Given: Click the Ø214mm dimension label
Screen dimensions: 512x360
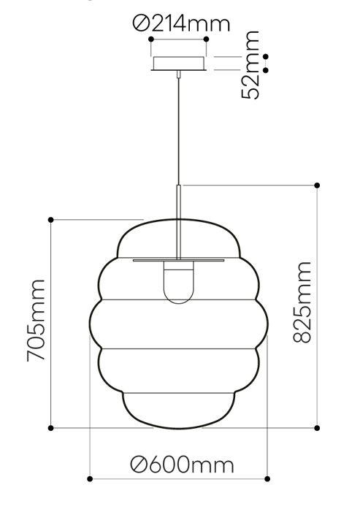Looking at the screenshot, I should (181, 23).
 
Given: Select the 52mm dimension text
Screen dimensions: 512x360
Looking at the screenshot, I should (250, 65).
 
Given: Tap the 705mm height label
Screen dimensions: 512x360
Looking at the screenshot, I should (37, 319).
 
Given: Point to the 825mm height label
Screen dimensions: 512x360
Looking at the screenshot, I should (302, 302).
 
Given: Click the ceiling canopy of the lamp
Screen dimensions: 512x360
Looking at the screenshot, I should (178, 64).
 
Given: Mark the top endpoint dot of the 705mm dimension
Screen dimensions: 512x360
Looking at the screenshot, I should (51, 219).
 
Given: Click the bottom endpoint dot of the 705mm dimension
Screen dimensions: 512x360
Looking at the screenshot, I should (51, 427).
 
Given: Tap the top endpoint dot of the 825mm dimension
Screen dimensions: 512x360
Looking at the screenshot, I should (317, 185).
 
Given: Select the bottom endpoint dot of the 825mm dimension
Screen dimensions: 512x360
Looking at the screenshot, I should (317, 427).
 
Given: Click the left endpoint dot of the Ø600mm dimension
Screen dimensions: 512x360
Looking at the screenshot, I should (90, 479).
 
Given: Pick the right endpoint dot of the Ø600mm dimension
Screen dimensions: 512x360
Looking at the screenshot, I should (267, 479).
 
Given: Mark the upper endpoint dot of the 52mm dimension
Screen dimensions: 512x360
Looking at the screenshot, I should (266, 56).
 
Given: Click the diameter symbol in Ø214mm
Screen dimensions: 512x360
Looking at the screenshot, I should (142, 24).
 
